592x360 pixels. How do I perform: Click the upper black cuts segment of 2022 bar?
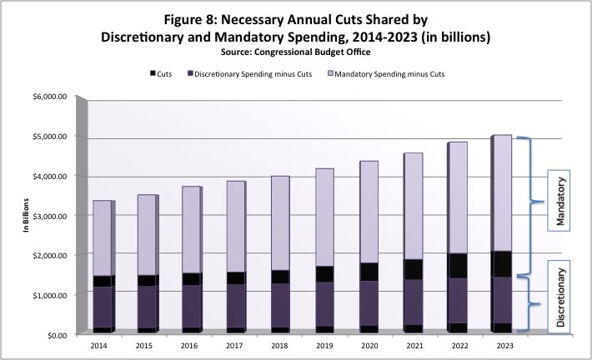click(448, 265)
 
